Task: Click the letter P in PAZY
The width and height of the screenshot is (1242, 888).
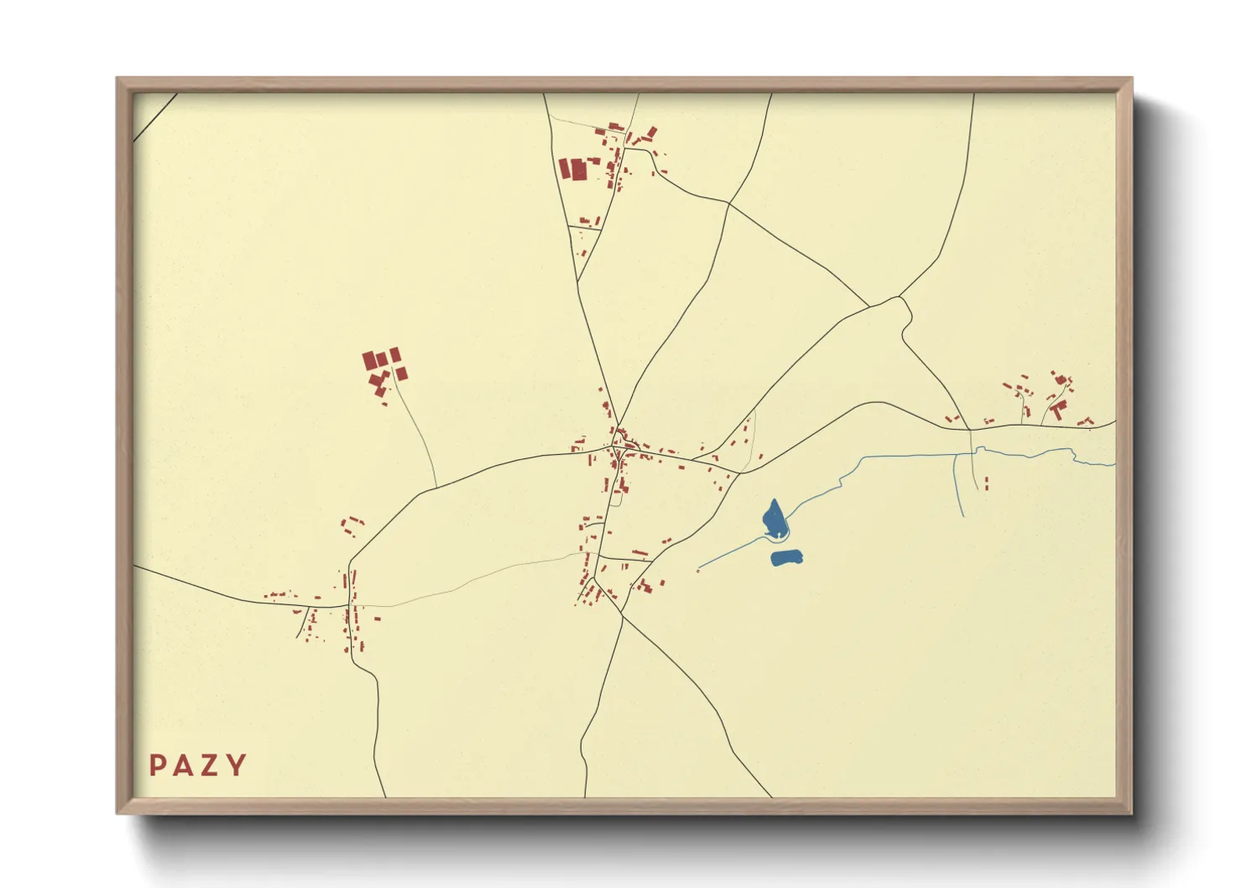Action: tap(157, 765)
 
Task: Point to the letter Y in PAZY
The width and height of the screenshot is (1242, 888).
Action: tap(237, 765)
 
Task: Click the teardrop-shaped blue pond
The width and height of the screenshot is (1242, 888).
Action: tap(775, 520)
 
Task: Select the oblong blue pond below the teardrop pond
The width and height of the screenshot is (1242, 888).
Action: tap(786, 557)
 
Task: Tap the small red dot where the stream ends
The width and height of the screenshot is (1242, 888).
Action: tap(698, 571)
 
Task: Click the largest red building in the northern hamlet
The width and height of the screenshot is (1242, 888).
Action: tap(579, 170)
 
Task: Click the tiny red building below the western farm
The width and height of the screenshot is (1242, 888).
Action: tap(384, 405)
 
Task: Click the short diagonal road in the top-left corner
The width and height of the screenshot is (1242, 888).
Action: tap(154, 117)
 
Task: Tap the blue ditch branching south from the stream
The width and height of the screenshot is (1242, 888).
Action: tap(958, 487)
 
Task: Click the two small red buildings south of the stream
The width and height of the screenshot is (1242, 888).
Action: tap(986, 483)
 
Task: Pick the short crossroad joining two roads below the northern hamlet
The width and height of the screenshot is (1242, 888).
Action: tap(585, 227)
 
